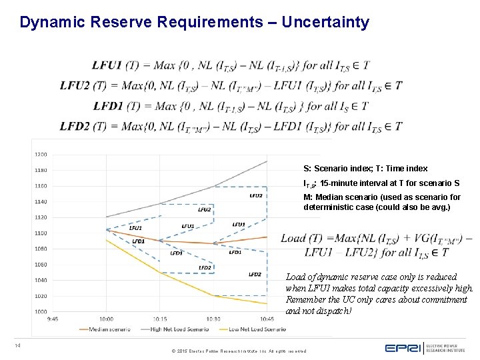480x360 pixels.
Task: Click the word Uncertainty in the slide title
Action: (x=325, y=23)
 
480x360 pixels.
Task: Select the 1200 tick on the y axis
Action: (x=41, y=154)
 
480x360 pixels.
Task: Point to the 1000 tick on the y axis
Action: (x=41, y=311)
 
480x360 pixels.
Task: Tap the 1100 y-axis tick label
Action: (x=41, y=233)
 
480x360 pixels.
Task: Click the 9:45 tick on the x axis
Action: (x=52, y=319)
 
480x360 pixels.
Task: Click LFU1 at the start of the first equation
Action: (x=107, y=65)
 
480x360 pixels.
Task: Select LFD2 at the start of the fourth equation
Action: (x=75, y=126)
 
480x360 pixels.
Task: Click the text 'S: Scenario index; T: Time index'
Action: (x=365, y=169)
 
